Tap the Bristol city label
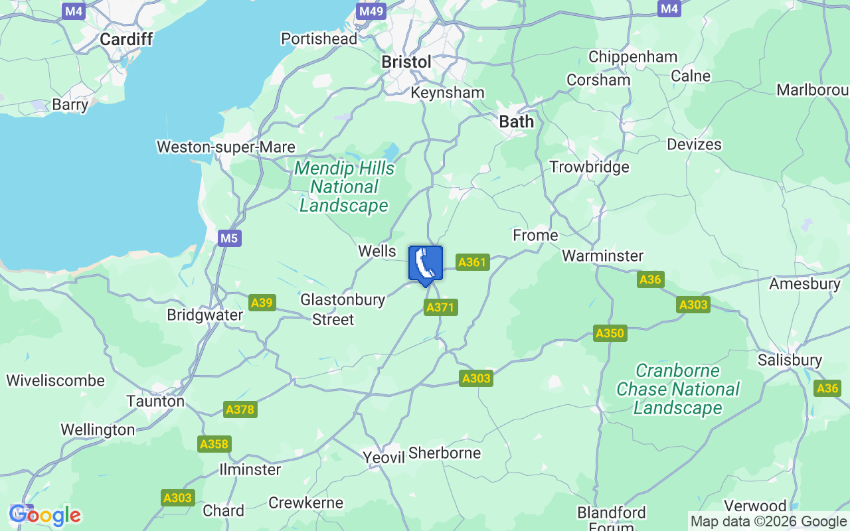406,62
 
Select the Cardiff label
126,39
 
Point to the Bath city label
516,121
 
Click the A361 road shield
472,262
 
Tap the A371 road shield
441,307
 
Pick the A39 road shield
262,303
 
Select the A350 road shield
610,333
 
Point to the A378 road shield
240,410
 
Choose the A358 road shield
214,445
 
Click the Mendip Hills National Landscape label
344,187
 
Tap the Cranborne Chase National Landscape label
678,389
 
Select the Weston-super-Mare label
226,147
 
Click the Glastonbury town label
343,299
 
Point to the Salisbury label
790,360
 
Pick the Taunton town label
155,401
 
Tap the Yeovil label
384,457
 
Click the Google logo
45,515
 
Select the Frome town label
535,236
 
